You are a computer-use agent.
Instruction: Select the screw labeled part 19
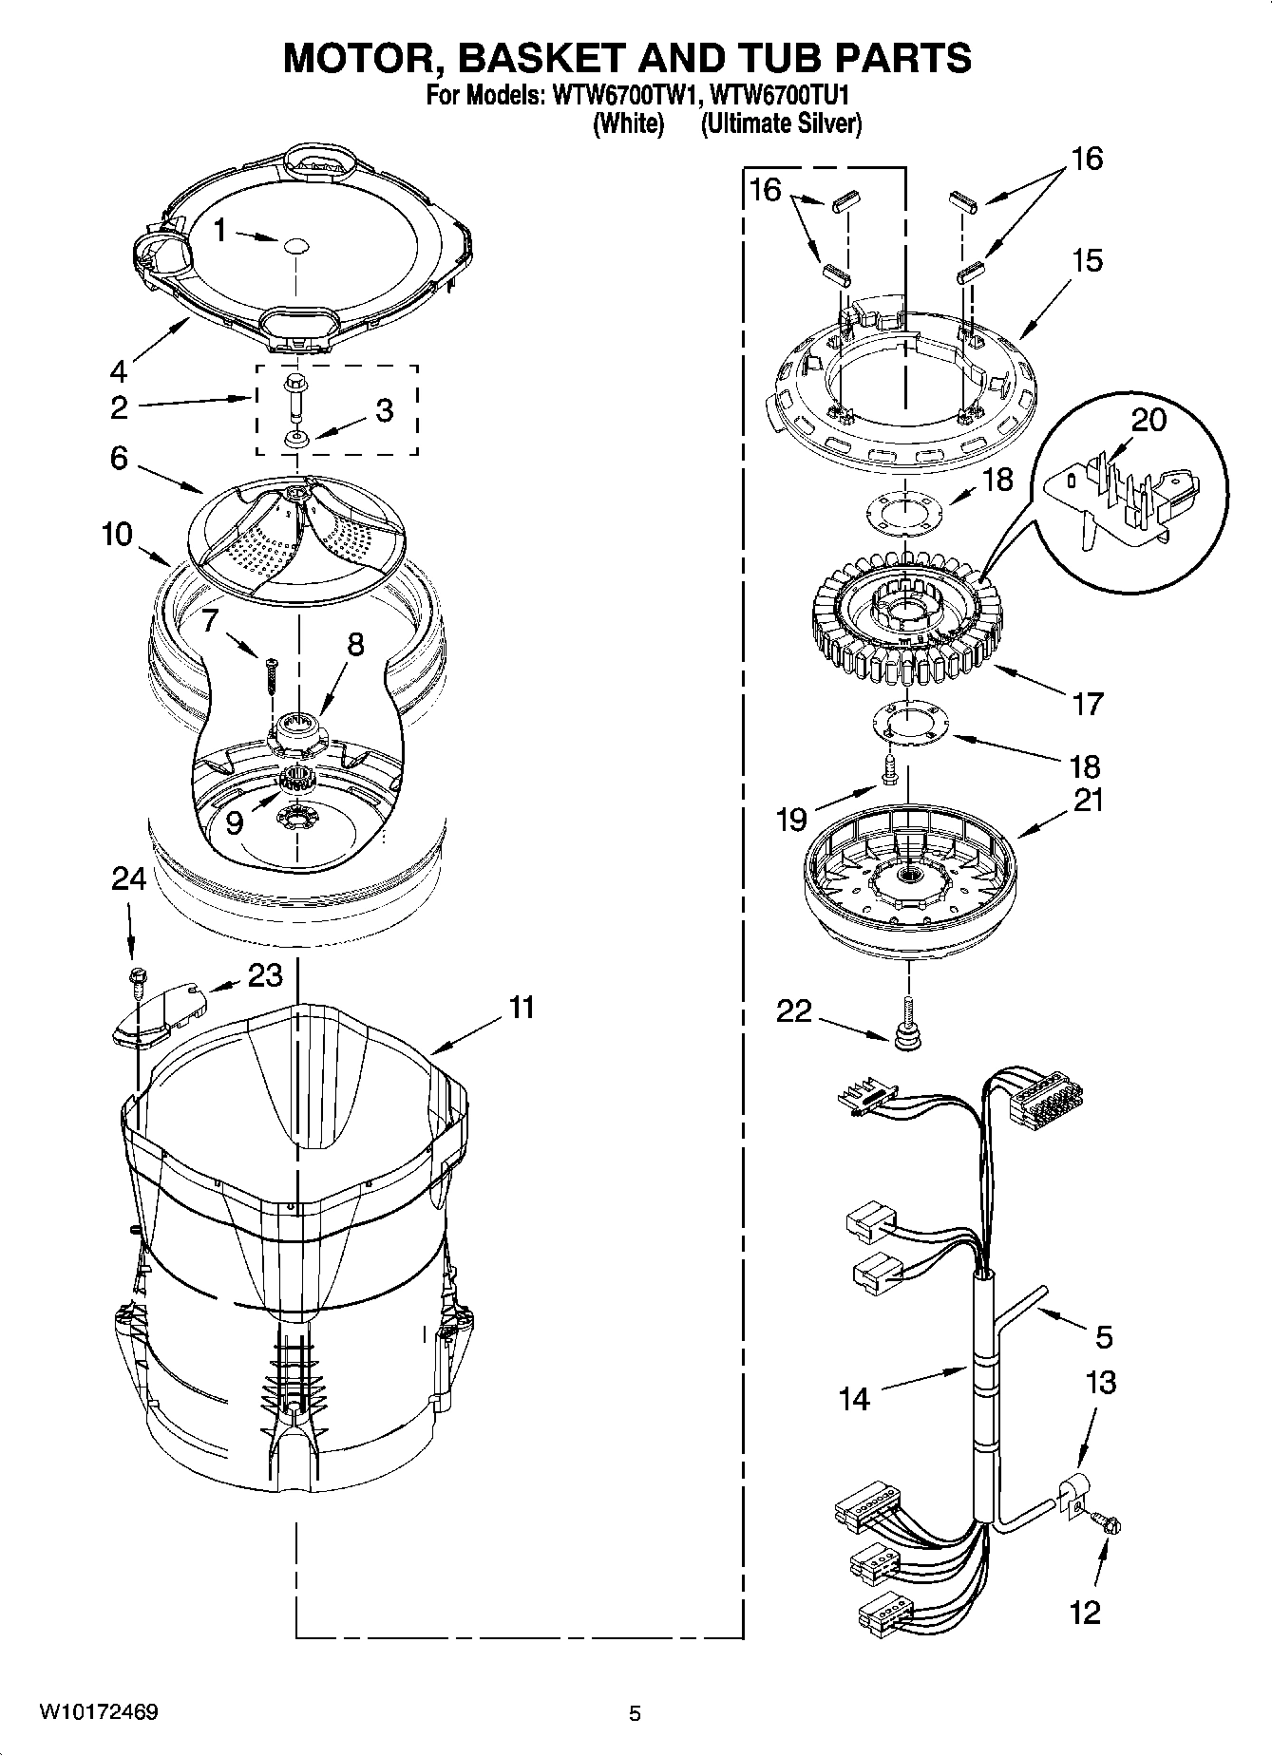coord(890,771)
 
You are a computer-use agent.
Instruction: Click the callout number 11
coord(522,1008)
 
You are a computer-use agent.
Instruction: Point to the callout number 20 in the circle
coord(1149,420)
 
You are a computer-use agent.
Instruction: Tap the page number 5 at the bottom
coord(635,1713)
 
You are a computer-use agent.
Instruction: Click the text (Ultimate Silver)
coord(781,123)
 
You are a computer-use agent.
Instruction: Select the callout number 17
coord(1088,704)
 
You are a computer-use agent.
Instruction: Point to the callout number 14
coord(854,1399)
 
